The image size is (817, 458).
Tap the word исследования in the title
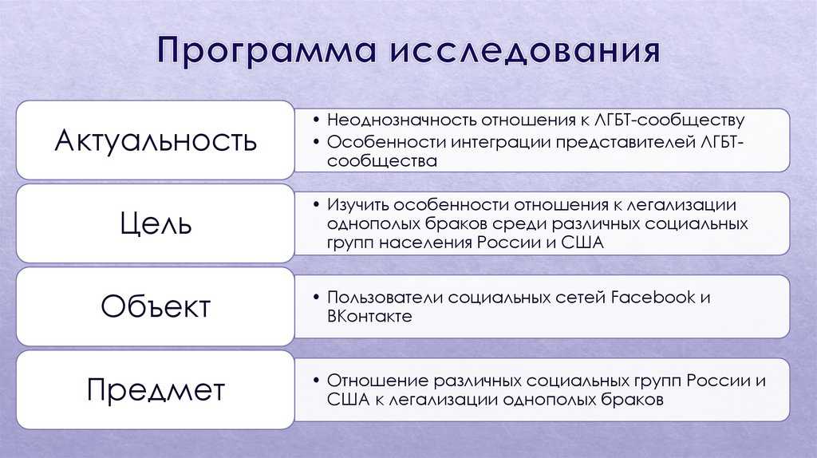click(x=525, y=51)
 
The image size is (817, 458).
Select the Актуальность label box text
click(x=156, y=140)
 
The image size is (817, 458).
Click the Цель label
click(x=156, y=223)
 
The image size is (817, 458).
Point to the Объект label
click(x=156, y=306)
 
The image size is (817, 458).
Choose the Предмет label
click(x=156, y=389)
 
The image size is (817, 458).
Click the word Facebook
click(x=653, y=297)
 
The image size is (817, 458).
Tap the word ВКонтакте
click(x=369, y=316)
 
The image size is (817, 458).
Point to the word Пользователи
click(x=385, y=297)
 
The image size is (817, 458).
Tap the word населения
click(x=428, y=243)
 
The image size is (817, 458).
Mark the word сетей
click(x=581, y=298)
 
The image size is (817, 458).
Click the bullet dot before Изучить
click(x=316, y=204)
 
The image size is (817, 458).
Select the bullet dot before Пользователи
click(x=316, y=297)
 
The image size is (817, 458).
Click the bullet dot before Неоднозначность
click(x=316, y=120)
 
